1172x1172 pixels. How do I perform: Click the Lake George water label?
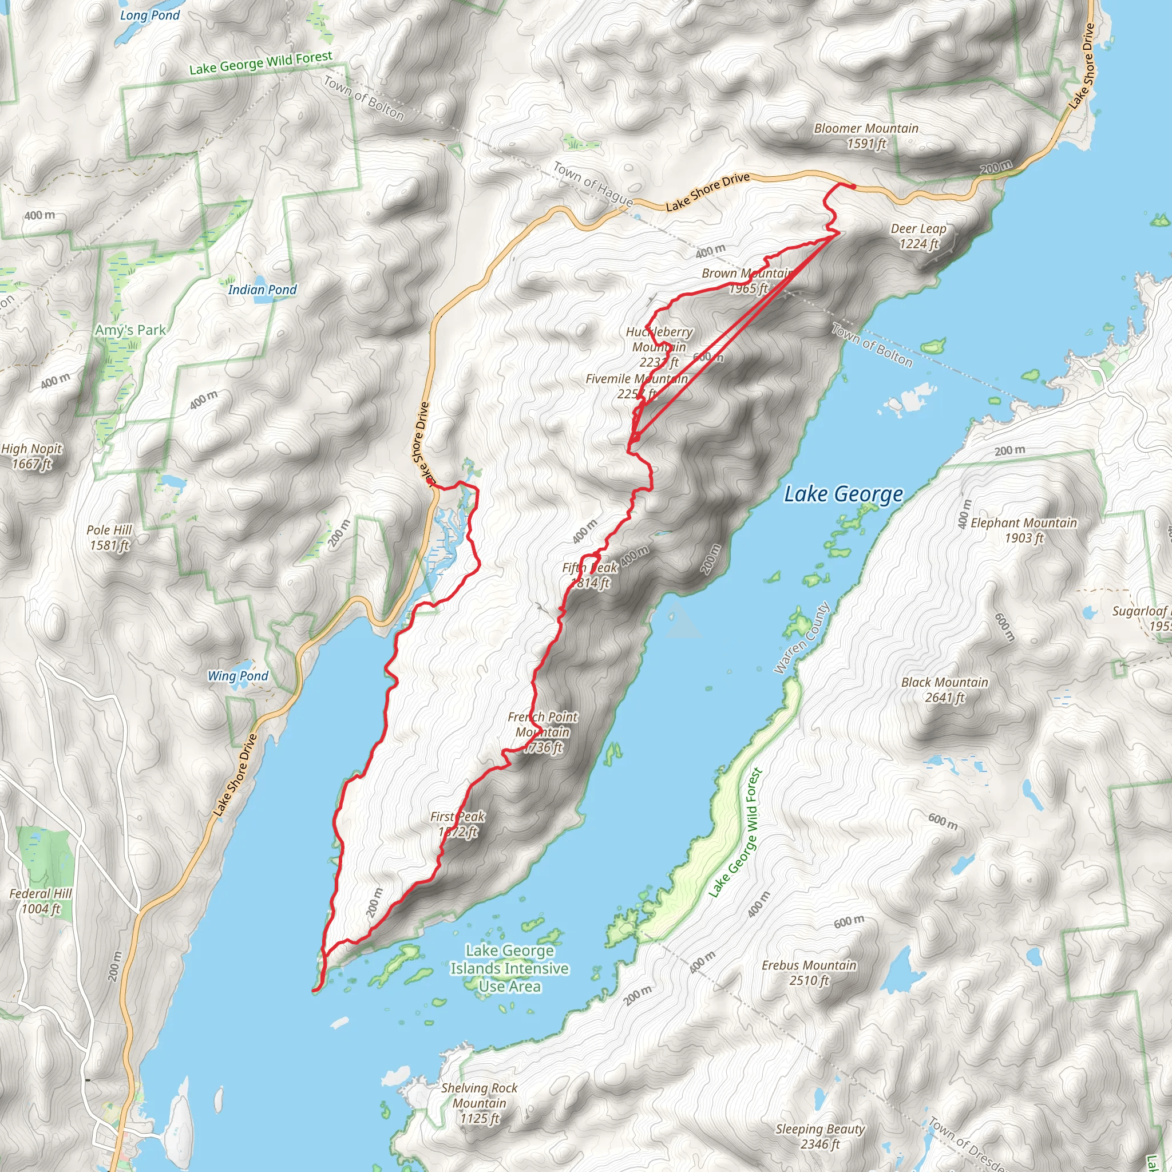(x=843, y=494)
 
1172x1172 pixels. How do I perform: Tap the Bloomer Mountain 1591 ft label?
(x=866, y=136)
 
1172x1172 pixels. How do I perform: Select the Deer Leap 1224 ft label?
(x=918, y=236)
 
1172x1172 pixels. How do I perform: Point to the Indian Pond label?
(x=262, y=290)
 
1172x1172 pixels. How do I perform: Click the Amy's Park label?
(x=130, y=330)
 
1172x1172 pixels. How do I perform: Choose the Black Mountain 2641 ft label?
(x=944, y=690)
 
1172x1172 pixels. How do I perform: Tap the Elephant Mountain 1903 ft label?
(x=1023, y=530)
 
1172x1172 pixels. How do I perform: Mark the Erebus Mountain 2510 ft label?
(x=809, y=972)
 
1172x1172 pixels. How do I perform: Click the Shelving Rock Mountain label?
(x=479, y=1103)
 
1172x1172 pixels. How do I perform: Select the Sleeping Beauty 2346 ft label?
(x=819, y=1136)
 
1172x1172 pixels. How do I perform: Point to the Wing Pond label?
(x=238, y=676)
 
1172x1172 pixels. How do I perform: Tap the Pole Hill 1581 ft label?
(x=109, y=537)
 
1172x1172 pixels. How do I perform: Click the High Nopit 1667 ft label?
(x=31, y=456)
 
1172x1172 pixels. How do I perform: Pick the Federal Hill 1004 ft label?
(x=41, y=901)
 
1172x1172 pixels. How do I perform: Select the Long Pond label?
(x=150, y=15)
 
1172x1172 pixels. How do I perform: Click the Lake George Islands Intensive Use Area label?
(x=509, y=968)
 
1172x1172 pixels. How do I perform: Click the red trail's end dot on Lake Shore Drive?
(x=853, y=187)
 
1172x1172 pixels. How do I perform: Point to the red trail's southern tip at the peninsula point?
(x=314, y=991)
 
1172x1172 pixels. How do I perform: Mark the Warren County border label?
(x=801, y=638)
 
